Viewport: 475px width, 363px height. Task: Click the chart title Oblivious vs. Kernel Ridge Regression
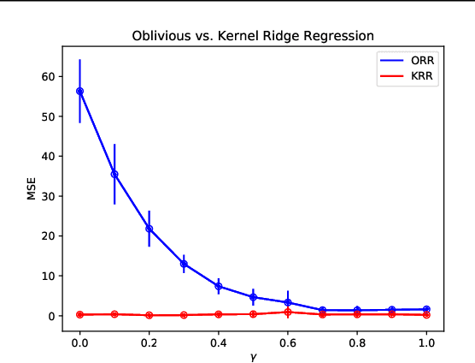[252, 36]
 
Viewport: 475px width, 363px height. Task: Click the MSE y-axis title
[32, 188]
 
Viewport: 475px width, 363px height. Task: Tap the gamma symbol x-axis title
[253, 355]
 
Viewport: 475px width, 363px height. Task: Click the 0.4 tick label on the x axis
[219, 339]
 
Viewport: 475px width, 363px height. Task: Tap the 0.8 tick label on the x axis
[357, 339]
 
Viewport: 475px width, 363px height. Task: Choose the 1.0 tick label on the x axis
[426, 339]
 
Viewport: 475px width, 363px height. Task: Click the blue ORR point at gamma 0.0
[80, 91]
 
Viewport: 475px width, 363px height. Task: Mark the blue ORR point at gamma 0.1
[114, 174]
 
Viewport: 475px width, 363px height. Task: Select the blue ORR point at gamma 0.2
[150, 229]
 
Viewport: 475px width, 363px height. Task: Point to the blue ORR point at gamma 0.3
[184, 264]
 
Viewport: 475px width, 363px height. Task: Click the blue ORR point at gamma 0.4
[219, 286]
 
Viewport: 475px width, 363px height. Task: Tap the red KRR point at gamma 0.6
[288, 312]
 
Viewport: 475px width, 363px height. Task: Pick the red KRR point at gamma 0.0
[80, 314]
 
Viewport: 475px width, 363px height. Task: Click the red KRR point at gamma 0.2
[150, 315]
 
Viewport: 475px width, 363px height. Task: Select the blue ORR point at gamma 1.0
[426, 309]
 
